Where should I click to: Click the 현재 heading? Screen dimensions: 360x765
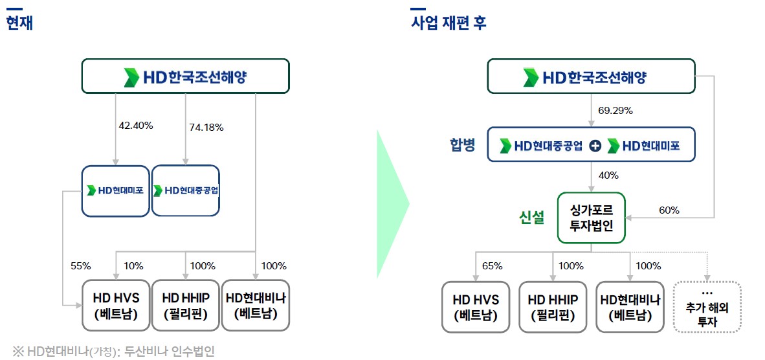tap(19, 23)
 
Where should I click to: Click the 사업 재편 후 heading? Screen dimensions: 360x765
tap(449, 23)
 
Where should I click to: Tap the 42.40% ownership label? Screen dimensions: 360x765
tap(135, 126)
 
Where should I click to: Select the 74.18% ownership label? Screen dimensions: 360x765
tap(206, 128)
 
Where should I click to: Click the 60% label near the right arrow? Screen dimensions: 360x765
tap(669, 210)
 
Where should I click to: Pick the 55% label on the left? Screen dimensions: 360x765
tap(81, 265)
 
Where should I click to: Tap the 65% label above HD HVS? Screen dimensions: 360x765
tap(493, 265)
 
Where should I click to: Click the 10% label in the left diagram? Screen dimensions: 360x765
tap(133, 265)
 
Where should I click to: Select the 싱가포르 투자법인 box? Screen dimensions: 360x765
tap(591, 218)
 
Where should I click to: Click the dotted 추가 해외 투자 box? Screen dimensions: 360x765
tap(707, 307)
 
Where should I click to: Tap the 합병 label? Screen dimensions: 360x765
tap(462, 144)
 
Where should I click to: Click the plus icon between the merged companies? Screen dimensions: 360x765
tap(595, 146)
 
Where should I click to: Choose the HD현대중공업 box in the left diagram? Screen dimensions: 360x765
tap(186, 190)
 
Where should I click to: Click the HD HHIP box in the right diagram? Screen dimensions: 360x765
tap(553, 307)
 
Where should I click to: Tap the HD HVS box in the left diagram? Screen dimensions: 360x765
tap(116, 306)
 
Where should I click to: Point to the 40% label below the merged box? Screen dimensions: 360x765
tap(608, 175)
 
